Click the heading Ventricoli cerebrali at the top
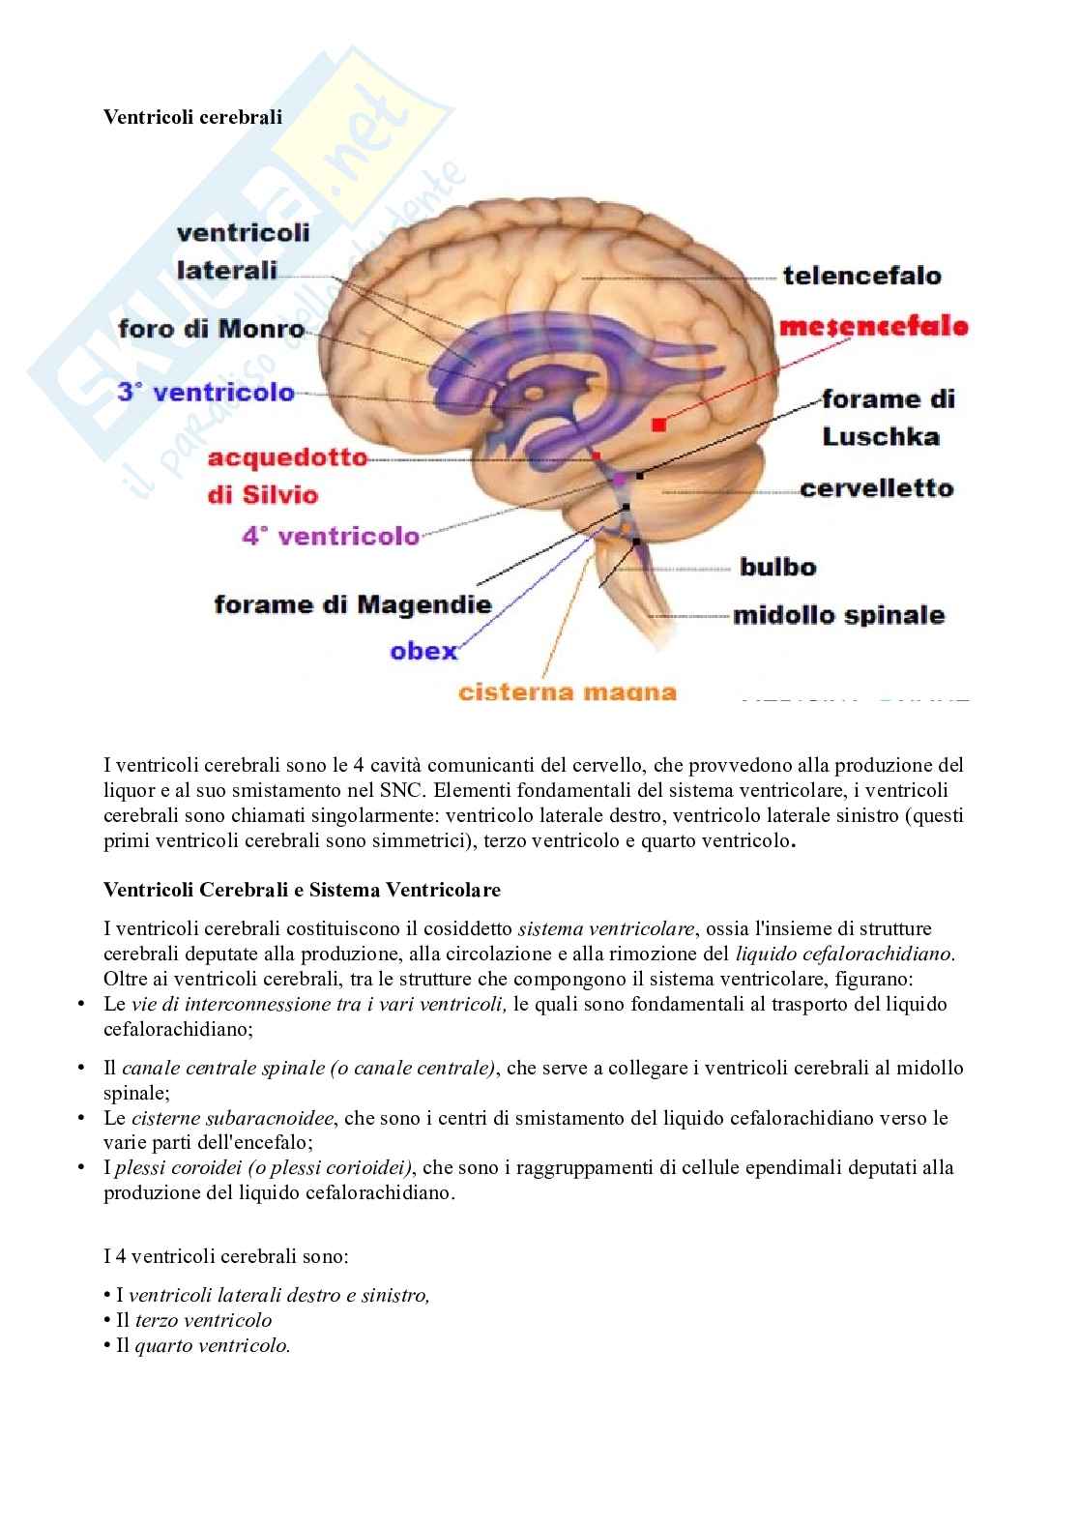[x=192, y=117]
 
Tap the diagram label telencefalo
[x=860, y=276]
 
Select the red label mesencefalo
[x=873, y=326]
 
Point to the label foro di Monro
[x=211, y=329]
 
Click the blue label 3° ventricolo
[x=205, y=393]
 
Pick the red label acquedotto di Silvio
[x=274, y=475]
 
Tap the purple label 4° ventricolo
[x=331, y=536]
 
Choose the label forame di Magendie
[x=352, y=605]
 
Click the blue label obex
[x=423, y=651]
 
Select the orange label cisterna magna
[x=567, y=692]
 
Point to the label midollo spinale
[x=838, y=615]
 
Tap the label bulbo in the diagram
[x=777, y=567]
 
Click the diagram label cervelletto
[x=876, y=488]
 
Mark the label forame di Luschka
[x=887, y=417]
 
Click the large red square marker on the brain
[x=658, y=424]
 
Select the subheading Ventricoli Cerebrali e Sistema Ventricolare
[x=302, y=889]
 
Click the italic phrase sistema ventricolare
[x=606, y=928]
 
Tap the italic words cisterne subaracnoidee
[x=232, y=1118]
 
